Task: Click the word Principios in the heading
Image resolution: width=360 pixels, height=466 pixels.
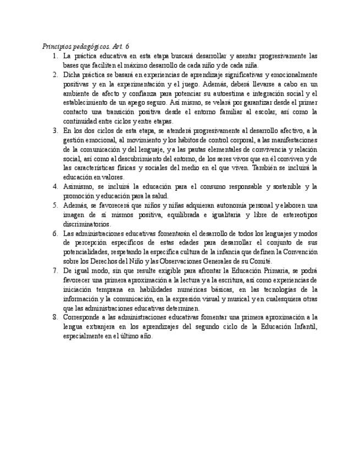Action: [x=57, y=47]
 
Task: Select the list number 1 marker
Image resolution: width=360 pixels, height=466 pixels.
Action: [x=55, y=56]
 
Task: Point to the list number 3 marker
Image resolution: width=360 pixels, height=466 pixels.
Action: [x=55, y=130]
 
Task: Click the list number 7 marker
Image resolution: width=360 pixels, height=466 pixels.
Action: [x=55, y=270]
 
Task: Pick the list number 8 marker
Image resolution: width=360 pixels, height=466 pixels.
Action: [x=55, y=317]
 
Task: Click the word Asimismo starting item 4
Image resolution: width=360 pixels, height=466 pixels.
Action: [x=76, y=186]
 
